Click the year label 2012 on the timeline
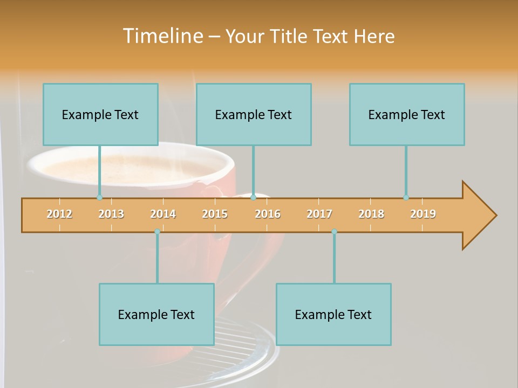point(59,214)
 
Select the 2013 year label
point(111,214)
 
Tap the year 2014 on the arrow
point(163,214)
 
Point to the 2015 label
point(215,214)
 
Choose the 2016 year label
point(268,214)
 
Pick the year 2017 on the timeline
point(319,214)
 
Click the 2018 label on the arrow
point(371,214)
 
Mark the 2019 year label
point(423,214)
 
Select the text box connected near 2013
point(100,114)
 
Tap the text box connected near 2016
point(254,114)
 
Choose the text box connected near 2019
point(407,114)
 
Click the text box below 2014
point(156,314)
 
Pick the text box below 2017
point(333,314)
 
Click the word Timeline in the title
point(162,36)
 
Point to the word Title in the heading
point(291,36)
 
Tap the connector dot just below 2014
point(157,232)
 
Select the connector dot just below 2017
point(334,232)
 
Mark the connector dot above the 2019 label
point(406,197)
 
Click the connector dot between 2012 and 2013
point(99,197)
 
